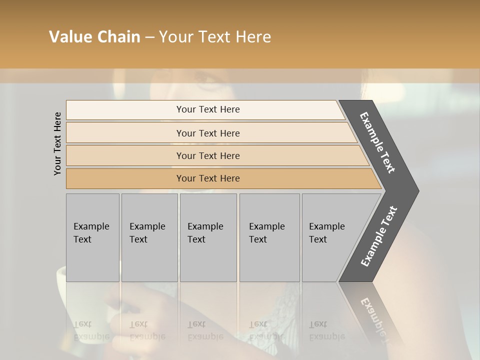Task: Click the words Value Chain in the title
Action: pyautogui.click(x=94, y=37)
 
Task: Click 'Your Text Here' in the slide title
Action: pyautogui.click(x=215, y=37)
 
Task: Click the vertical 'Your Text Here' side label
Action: pyautogui.click(x=57, y=143)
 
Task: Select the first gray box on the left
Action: pyautogui.click(x=92, y=237)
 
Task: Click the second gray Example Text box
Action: pyautogui.click(x=149, y=237)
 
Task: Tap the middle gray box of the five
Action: pyautogui.click(x=208, y=237)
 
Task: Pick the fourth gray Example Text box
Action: pyautogui.click(x=269, y=237)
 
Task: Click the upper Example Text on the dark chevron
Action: pyautogui.click(x=377, y=142)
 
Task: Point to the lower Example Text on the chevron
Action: pyautogui.click(x=378, y=236)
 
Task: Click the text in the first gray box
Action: pyautogui.click(x=91, y=232)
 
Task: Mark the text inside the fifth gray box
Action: pyautogui.click(x=326, y=232)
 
